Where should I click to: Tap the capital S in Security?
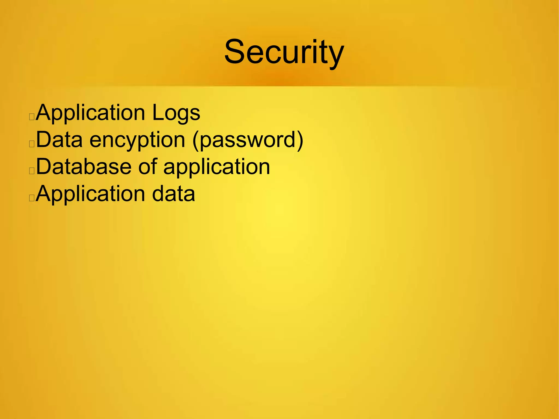pos(235,52)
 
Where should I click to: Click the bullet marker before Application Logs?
pos(32,117)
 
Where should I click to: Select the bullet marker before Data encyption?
pos(32,144)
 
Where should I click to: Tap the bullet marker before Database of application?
pos(32,171)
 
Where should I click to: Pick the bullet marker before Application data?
pos(32,198)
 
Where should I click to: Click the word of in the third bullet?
pos(147,167)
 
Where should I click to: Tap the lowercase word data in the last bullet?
pos(173,194)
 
